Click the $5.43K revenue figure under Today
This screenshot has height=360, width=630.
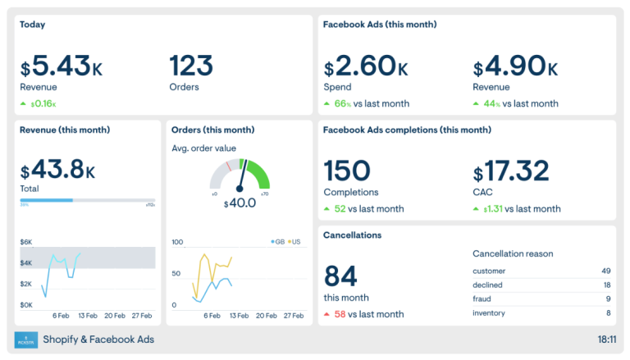click(62, 66)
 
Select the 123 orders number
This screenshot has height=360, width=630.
click(191, 66)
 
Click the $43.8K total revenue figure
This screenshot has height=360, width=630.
click(57, 170)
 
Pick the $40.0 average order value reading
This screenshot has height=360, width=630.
click(240, 203)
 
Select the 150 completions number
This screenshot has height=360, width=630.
click(347, 171)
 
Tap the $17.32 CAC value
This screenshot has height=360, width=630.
click(511, 171)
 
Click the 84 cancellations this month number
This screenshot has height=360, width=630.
click(340, 276)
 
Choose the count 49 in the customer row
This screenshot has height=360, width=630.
click(605, 271)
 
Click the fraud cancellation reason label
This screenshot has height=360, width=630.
click(482, 298)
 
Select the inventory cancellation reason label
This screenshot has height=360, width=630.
click(489, 312)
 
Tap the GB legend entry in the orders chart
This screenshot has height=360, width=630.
click(279, 242)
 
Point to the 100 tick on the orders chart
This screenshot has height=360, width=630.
click(177, 242)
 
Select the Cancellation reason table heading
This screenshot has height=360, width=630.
click(513, 253)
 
